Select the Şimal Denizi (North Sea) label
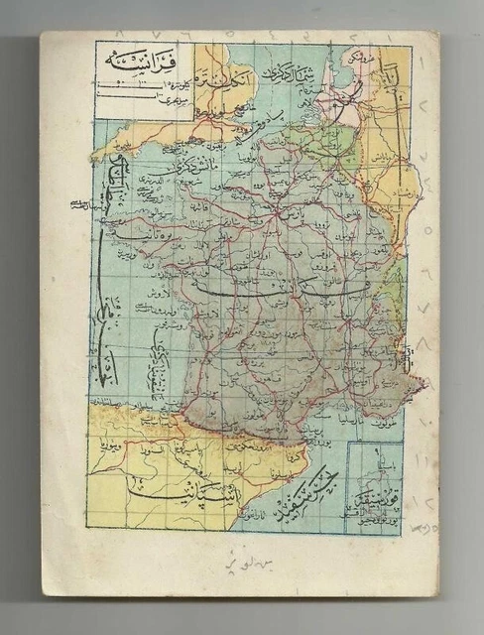(288, 75)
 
